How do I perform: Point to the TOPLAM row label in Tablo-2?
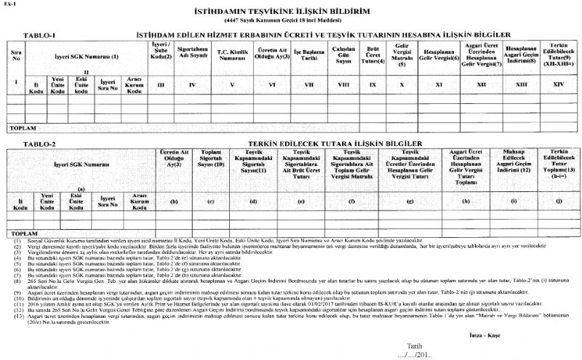20,233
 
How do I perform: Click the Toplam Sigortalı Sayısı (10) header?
210,164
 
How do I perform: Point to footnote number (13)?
12,297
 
